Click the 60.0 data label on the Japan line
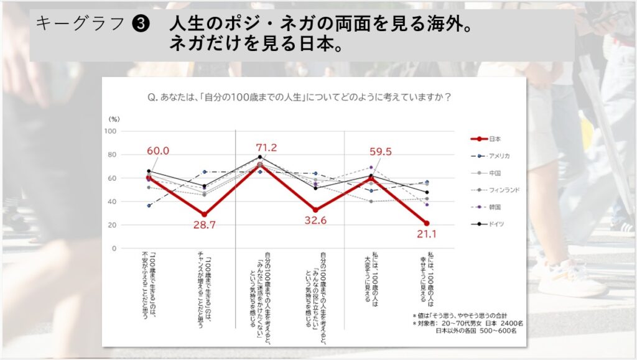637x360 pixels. click(157, 151)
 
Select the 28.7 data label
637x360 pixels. click(204, 225)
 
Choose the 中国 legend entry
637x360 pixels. click(495, 172)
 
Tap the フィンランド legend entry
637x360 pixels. click(504, 189)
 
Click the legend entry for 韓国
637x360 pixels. click(495, 206)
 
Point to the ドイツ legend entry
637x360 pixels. click(497, 223)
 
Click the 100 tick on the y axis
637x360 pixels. click(110, 131)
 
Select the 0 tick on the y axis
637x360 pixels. click(114, 248)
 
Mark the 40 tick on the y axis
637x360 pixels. click(112, 201)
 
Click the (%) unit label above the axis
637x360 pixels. click(114, 118)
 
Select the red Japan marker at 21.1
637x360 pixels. click(426, 223)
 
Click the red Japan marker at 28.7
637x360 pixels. click(204, 215)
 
